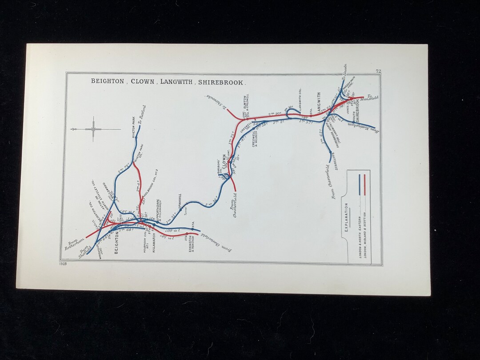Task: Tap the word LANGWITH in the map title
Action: (x=177, y=81)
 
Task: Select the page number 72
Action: (x=378, y=71)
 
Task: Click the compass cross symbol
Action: (x=93, y=129)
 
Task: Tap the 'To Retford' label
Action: (x=142, y=115)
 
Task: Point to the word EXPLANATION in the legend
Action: (x=346, y=218)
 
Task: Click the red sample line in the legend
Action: (x=364, y=184)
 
